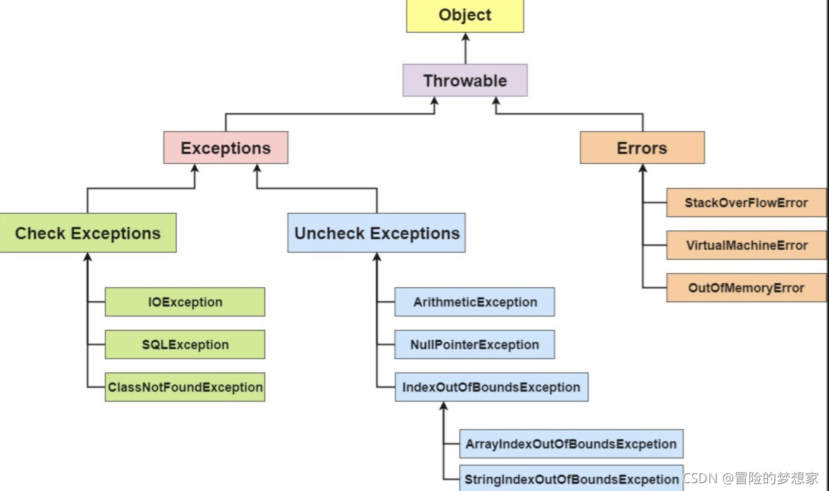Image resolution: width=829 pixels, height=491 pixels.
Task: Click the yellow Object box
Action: point(464,16)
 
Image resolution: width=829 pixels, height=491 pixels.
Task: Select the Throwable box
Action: point(464,80)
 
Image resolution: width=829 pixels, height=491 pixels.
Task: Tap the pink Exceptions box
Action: point(226,148)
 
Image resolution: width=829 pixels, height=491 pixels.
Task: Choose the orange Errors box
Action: point(642,148)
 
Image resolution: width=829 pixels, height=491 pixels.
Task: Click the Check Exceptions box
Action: point(88,233)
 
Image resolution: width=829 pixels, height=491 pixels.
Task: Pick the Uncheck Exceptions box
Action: point(377,233)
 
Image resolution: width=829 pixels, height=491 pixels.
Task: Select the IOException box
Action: point(185,302)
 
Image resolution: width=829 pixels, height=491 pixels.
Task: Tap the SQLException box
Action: point(185,344)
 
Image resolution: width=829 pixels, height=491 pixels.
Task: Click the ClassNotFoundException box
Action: point(185,387)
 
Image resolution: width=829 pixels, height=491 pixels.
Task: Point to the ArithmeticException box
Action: point(474,302)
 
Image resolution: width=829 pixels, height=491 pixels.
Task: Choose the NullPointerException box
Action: point(474,344)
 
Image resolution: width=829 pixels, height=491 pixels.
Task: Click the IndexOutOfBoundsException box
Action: point(491,387)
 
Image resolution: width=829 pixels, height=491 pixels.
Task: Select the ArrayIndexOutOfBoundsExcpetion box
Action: point(571,444)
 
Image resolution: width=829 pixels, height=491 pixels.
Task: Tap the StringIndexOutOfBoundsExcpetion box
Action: point(571,478)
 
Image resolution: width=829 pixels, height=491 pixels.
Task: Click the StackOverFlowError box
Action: point(746,203)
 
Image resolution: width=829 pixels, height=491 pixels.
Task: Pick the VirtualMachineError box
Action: point(746,245)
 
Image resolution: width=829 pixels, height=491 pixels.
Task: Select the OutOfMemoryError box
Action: point(746,288)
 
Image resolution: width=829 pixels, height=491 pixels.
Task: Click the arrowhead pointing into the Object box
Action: point(465,37)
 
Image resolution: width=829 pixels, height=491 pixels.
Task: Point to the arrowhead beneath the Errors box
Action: point(643,168)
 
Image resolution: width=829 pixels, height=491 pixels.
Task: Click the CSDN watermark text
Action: point(751,478)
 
